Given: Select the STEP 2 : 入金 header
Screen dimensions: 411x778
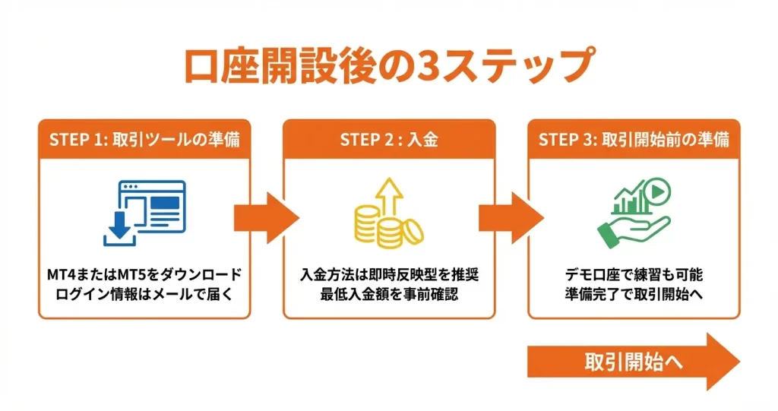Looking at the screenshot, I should tap(388, 140).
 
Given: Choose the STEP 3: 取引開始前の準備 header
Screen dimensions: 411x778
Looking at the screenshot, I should tap(634, 140).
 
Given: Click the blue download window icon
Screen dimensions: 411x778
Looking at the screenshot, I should tap(144, 213).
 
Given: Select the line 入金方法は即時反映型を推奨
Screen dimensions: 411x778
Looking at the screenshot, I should tap(388, 274).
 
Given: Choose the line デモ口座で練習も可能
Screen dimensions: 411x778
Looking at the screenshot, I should tap(633, 274).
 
